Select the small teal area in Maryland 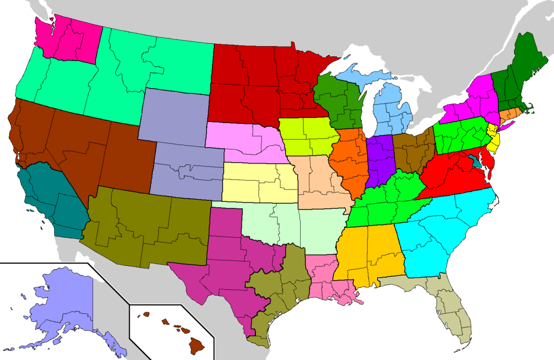476,161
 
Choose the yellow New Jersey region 493,138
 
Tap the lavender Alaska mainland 60,303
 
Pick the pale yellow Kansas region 260,181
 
